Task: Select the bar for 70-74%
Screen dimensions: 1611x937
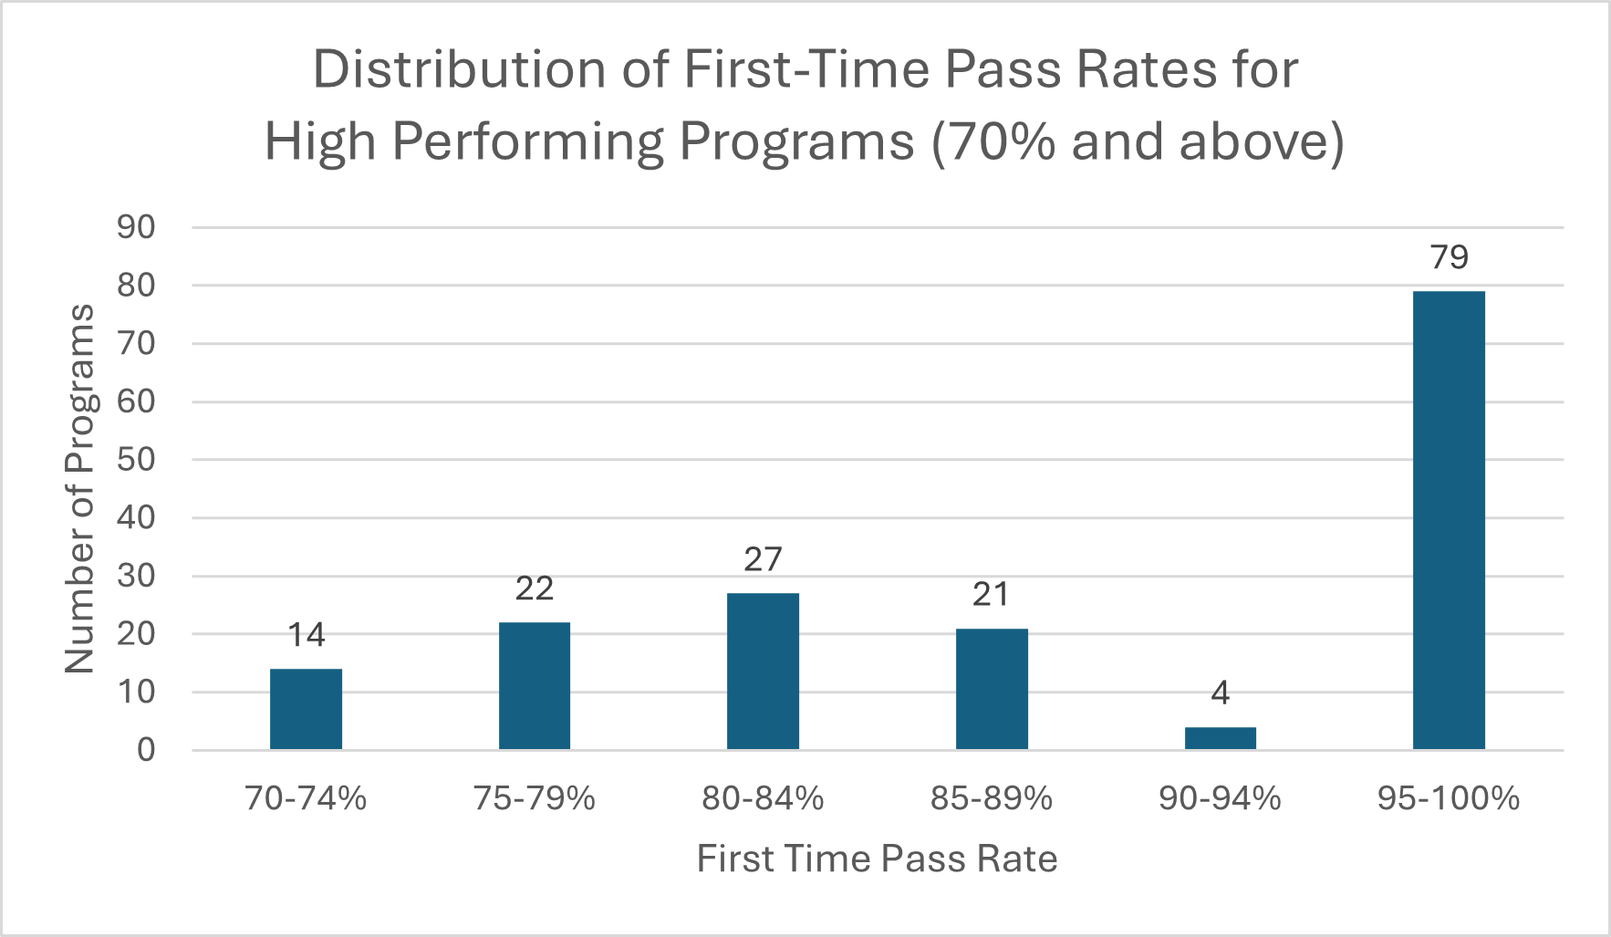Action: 306,709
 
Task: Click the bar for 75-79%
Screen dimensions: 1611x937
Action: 535,686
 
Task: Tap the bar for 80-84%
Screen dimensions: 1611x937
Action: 763,672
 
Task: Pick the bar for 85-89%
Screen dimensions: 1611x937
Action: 992,689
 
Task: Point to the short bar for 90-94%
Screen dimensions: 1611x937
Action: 1221,738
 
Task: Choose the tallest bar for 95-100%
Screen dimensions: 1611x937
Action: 1449,520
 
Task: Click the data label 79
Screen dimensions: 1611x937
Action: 1450,257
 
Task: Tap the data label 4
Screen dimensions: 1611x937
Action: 1221,693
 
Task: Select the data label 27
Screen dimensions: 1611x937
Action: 763,559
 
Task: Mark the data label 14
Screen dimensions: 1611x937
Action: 307,635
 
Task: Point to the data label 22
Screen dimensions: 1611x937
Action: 535,588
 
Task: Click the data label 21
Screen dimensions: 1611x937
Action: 992,595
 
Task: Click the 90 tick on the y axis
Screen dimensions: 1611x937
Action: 136,227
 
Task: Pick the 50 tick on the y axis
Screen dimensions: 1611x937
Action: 136,459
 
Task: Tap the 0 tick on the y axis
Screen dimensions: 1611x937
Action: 146,750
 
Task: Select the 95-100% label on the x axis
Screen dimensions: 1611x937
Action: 1449,799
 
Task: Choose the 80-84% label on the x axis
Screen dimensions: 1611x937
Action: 763,799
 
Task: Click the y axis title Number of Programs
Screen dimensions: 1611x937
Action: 80,489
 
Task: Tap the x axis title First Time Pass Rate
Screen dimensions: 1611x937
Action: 878,859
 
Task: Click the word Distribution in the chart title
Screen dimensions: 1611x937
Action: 460,69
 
